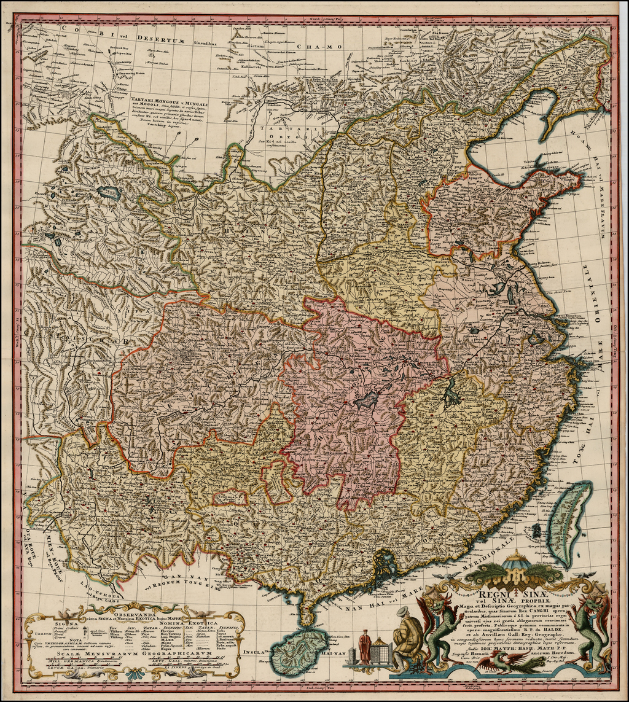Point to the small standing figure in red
coord(365,646)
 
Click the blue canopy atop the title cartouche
coord(516,560)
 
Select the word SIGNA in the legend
coord(65,622)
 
